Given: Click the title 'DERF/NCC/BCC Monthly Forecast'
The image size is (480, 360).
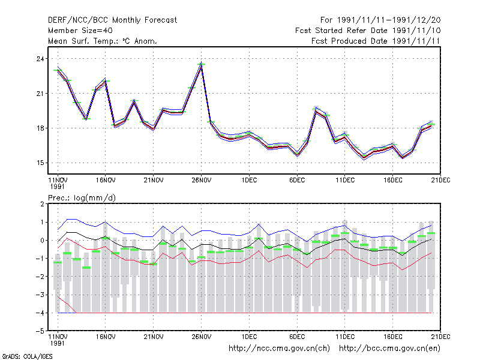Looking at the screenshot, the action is coord(112,20).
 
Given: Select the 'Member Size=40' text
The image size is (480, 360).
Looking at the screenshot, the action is coord(80,31).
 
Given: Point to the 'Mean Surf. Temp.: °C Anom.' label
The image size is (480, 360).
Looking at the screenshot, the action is coord(102,41).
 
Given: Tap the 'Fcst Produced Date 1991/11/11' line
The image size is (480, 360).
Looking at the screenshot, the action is coord(376,41).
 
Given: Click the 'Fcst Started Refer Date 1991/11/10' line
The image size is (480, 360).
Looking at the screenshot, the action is coord(368,31).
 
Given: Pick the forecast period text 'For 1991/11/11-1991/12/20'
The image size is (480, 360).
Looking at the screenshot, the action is coord(380,20).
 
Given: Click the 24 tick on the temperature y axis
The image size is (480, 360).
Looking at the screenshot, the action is coord(40,59).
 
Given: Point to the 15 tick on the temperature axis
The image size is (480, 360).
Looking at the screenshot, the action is coord(40,163).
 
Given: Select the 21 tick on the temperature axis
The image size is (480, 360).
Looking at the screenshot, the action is coord(40,94).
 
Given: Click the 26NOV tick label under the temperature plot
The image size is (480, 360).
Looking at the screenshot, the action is coord(202,180).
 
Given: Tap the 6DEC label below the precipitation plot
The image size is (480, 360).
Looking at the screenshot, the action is coord(297,337).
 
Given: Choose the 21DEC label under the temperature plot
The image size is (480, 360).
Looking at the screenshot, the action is coord(440,180).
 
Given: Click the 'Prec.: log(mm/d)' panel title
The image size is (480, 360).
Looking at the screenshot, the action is coord(82,198).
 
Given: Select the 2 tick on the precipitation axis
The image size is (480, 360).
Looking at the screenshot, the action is coord(42,204).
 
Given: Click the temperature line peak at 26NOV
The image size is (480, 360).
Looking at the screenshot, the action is coord(201,65).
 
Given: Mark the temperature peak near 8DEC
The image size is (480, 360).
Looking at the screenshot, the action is coord(316,110).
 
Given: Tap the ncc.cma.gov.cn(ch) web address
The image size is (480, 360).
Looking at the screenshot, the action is coord(279,349).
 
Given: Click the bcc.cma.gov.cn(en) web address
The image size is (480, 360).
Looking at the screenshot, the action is coord(389,349).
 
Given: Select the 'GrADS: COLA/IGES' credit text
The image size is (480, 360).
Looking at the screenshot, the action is coord(27,356).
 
